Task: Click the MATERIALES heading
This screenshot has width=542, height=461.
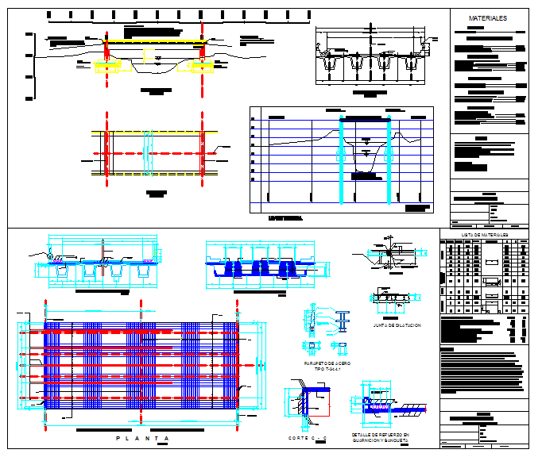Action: (x=486, y=17)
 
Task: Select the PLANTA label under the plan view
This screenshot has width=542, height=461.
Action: (x=142, y=439)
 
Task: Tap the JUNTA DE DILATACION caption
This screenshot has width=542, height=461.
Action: (x=397, y=326)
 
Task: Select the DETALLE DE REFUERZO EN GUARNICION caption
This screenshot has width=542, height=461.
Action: (x=379, y=438)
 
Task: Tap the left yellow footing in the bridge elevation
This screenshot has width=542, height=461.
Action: (x=107, y=67)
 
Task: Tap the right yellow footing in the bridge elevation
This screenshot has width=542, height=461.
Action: (x=204, y=67)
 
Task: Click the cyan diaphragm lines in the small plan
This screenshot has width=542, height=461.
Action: (x=147, y=151)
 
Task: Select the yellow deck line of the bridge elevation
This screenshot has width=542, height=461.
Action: (x=155, y=42)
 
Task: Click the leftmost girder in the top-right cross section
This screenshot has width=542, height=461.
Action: (x=326, y=61)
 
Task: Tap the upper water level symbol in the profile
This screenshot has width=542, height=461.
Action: (x=366, y=139)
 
